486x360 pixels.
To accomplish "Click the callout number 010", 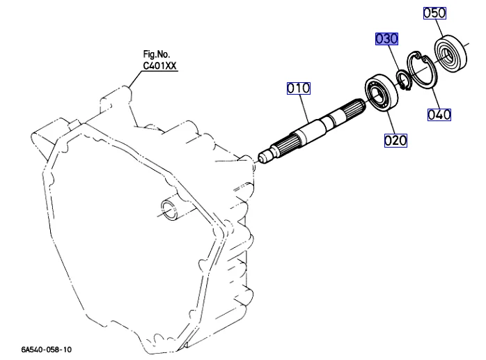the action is [299, 88].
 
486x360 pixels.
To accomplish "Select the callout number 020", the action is [395, 141].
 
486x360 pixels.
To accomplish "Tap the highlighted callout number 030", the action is [386, 39].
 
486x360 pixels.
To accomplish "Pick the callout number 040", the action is [439, 115].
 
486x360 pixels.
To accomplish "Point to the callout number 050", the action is [434, 13].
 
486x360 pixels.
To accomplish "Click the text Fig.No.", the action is [156, 54].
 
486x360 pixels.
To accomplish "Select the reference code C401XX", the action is [159, 65].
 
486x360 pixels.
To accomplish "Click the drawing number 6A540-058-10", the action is [46, 350].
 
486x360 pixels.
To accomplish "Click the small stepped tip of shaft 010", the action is [265, 157].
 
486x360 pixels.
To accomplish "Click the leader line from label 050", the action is [439, 28].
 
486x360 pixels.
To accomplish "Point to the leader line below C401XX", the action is [135, 79].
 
